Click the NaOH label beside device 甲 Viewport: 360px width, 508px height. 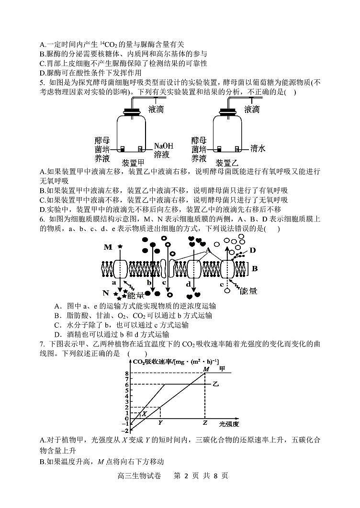coord(164,146)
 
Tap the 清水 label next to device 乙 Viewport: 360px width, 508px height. coord(258,149)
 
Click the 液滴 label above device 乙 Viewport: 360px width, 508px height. coord(252,110)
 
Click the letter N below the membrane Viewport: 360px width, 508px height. coord(106,293)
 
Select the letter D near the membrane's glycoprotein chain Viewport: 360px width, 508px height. coord(253,250)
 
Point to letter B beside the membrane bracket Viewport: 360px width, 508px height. coord(255,268)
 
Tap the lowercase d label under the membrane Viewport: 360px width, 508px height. coord(188,284)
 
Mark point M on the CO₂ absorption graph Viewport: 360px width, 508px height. coord(206,369)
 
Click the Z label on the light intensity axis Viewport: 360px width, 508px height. coord(205,423)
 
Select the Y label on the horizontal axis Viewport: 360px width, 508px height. coord(160,423)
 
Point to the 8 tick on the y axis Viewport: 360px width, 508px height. coord(126,373)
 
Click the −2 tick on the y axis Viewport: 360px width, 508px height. coord(125,431)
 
